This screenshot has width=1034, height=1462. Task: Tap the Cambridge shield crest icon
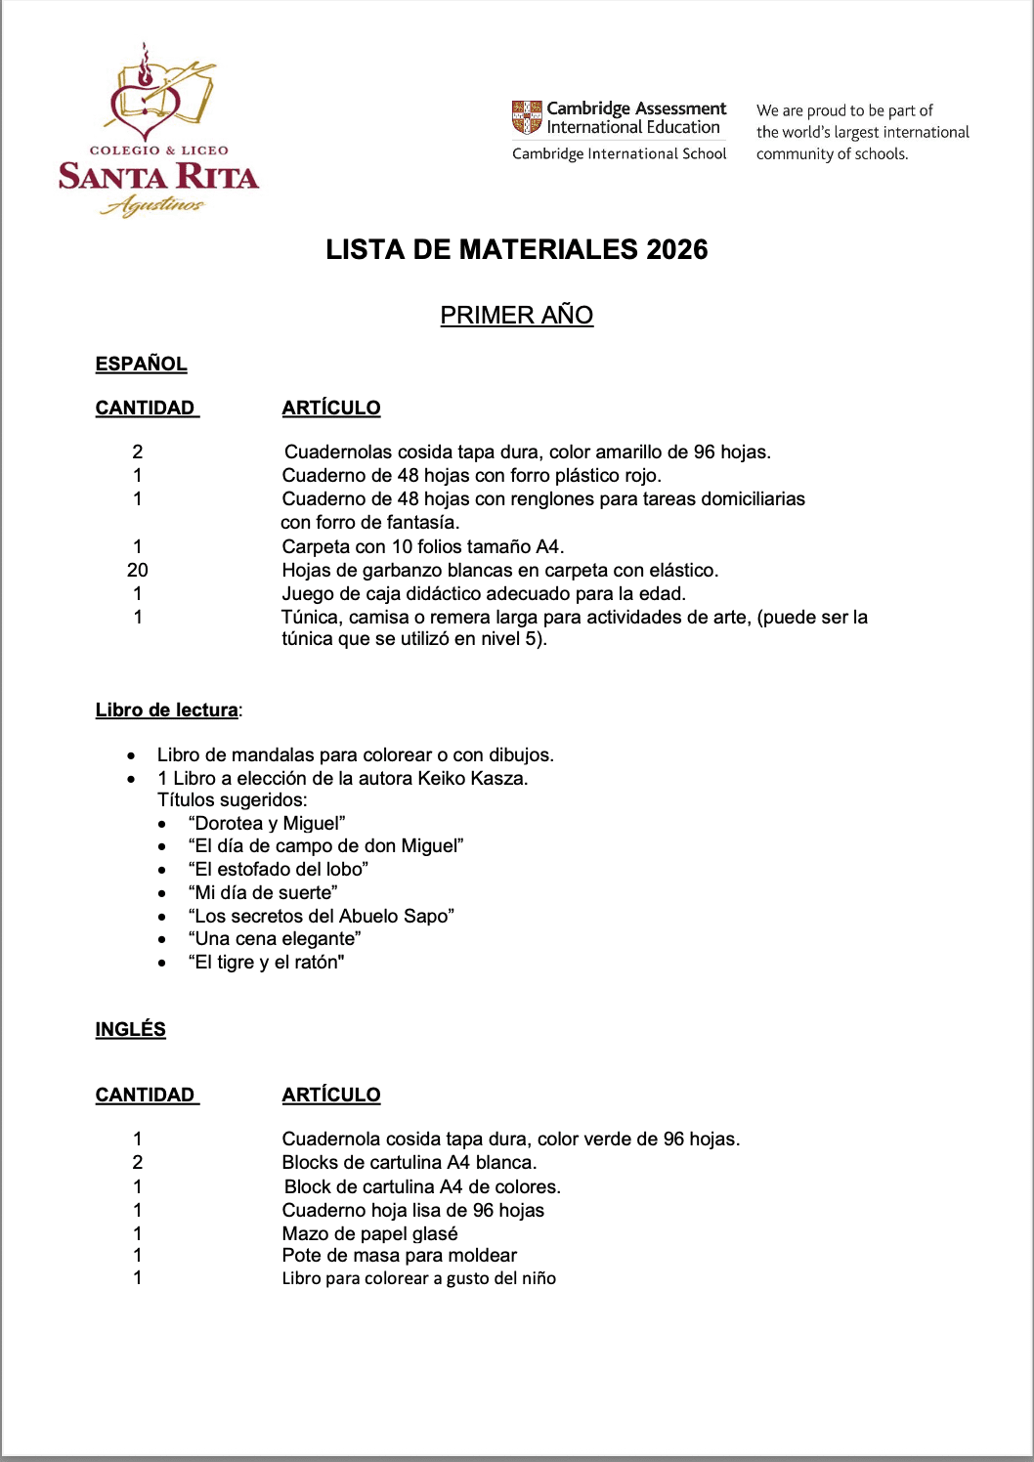(x=527, y=117)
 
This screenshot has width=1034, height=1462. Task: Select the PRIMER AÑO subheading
(x=516, y=315)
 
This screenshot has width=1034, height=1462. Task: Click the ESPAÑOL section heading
(x=141, y=364)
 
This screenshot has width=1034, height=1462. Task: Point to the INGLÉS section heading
(x=130, y=1029)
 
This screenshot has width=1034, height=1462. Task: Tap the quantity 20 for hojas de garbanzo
(x=137, y=570)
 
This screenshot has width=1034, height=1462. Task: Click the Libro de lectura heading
(x=166, y=709)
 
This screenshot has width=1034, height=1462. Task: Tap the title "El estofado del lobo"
(x=278, y=869)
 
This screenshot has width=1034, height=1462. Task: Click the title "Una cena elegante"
(x=275, y=938)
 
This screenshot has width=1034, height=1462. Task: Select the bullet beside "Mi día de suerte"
(x=163, y=893)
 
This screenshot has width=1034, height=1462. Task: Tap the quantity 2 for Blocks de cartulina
(x=137, y=1162)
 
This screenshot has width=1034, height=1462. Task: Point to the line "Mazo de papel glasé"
(x=369, y=1233)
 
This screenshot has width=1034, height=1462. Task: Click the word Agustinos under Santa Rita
(x=154, y=205)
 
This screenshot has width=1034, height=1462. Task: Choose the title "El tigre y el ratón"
(x=266, y=962)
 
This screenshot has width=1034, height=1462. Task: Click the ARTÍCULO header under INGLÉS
(x=331, y=1095)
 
